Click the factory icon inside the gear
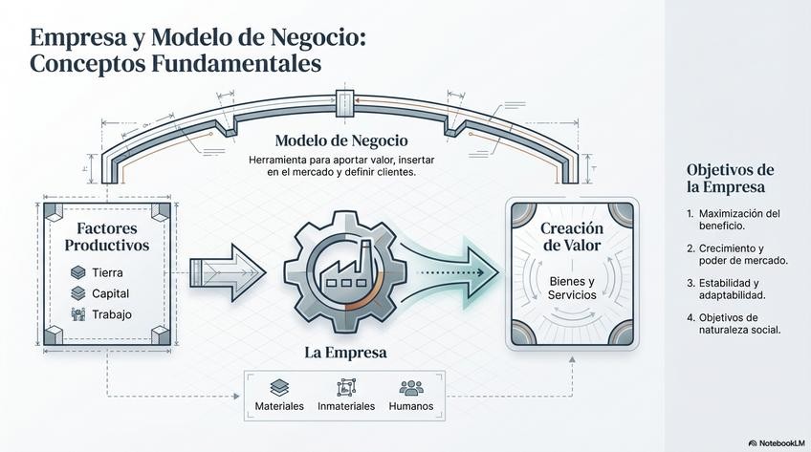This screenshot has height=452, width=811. point(345,267)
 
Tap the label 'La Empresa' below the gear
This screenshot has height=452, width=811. point(345,353)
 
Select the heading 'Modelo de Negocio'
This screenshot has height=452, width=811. point(341,140)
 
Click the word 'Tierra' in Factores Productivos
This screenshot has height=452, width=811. point(107,272)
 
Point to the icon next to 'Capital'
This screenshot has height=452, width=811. point(78,293)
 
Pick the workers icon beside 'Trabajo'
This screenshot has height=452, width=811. point(78,314)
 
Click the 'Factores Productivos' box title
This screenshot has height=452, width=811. point(107,237)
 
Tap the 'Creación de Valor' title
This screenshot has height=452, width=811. point(572,237)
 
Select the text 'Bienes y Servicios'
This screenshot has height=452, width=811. point(572,288)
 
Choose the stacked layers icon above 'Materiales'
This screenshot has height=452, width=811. point(279,387)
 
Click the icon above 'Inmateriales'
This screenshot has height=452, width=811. point(345,387)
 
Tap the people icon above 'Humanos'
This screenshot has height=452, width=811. point(411,387)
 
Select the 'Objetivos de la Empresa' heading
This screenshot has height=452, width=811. point(730,178)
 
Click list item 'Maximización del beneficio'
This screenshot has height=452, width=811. point(738,220)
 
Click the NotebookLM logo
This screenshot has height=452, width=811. point(776,443)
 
